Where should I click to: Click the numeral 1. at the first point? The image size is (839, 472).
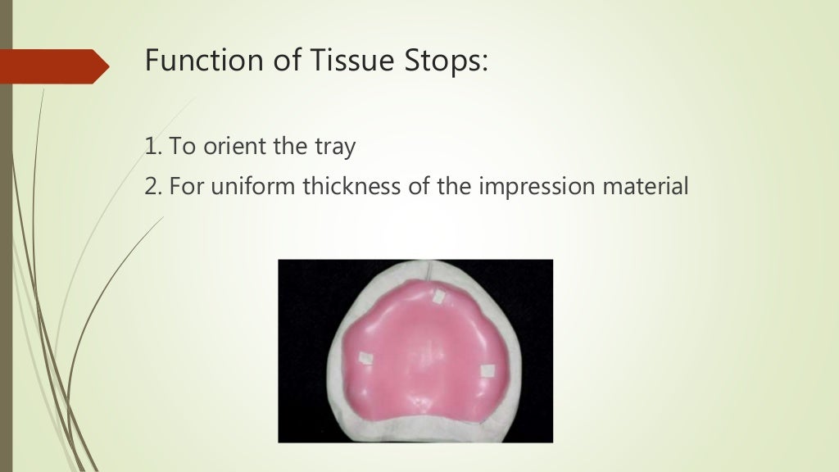tap(152, 147)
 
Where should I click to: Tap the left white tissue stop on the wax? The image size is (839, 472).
tap(365, 359)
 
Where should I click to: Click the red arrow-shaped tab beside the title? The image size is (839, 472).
tap(53, 65)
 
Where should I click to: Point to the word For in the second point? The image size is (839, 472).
tap(184, 187)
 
